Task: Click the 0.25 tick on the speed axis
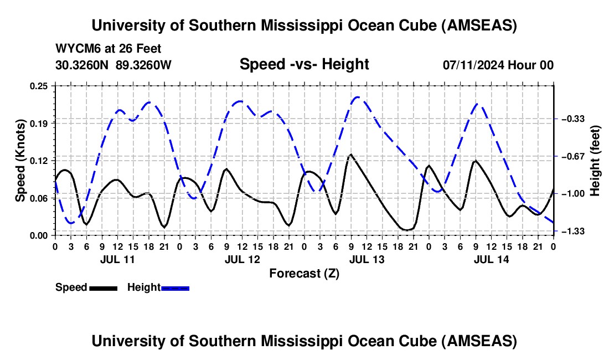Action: click(39, 86)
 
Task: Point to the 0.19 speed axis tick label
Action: click(39, 123)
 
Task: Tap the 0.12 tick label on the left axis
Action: click(39, 161)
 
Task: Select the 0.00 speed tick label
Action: click(39, 235)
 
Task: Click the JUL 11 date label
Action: click(117, 259)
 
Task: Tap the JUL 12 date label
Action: click(241, 259)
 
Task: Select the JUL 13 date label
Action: click(366, 259)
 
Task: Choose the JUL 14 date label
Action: click(491, 259)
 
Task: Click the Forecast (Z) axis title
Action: click(304, 273)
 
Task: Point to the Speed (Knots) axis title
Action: click(20, 161)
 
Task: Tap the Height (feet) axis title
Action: click(596, 161)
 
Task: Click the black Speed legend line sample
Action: click(103, 288)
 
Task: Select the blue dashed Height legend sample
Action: click(175, 288)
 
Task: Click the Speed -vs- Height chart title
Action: click(304, 64)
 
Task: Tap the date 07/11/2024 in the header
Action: click(474, 65)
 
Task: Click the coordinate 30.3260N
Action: click(82, 65)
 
